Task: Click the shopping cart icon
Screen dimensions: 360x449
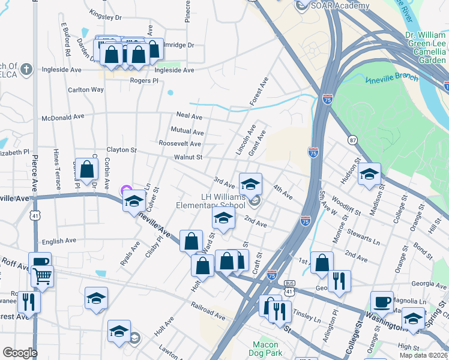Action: pos(43,276)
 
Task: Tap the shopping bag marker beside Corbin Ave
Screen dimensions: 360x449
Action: pos(86,169)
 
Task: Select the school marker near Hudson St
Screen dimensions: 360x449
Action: pos(369,175)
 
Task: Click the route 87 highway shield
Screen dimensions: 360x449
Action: pos(353,139)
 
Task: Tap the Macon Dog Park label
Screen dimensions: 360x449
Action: pos(265,349)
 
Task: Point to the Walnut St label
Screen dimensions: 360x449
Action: pos(187,157)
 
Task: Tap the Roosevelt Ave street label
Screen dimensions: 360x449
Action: pos(179,143)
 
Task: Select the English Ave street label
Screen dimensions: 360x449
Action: pos(59,241)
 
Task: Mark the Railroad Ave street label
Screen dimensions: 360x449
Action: pos(208,316)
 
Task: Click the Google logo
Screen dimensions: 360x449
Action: pos(20,352)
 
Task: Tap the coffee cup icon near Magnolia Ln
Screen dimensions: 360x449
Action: pos(382,301)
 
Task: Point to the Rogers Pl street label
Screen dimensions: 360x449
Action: pos(143,80)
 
